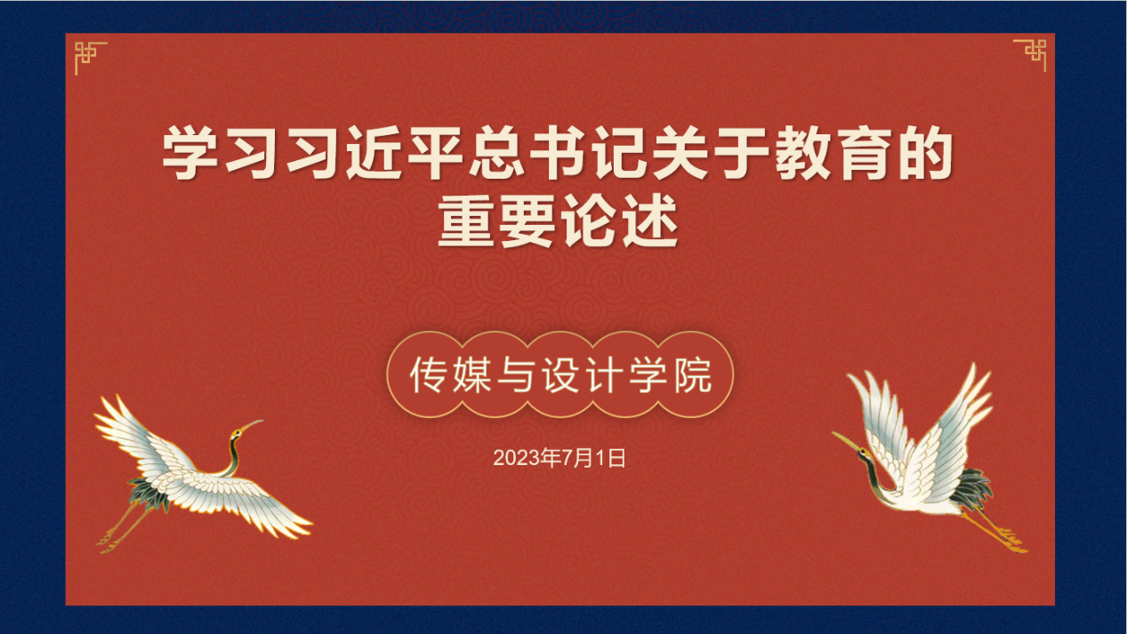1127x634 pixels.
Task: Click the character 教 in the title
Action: (802, 153)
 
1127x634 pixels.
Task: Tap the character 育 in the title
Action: (864, 153)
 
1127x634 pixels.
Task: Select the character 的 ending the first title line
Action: (925, 153)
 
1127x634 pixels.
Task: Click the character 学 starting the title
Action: (190, 153)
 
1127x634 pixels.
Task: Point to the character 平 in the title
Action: (435, 153)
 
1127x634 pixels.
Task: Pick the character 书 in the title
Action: (558, 153)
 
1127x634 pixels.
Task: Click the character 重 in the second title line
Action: (466, 221)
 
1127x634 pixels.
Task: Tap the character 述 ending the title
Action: (650, 221)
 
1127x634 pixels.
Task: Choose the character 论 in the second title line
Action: (589, 221)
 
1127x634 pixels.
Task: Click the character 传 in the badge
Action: (428, 375)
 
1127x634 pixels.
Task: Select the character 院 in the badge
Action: (693, 375)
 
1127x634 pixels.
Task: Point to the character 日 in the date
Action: (617, 458)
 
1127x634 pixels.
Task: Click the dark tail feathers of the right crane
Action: (973, 487)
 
